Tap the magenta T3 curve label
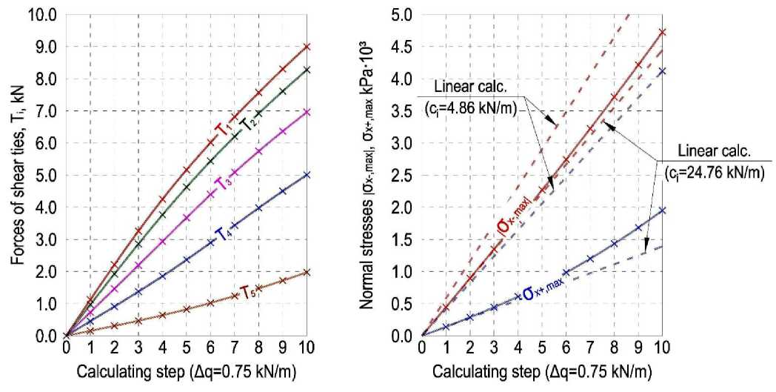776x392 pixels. click(221, 182)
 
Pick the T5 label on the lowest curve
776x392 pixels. click(249, 291)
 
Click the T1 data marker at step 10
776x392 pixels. click(307, 47)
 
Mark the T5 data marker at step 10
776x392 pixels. click(307, 272)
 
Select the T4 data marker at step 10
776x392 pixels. click(307, 175)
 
